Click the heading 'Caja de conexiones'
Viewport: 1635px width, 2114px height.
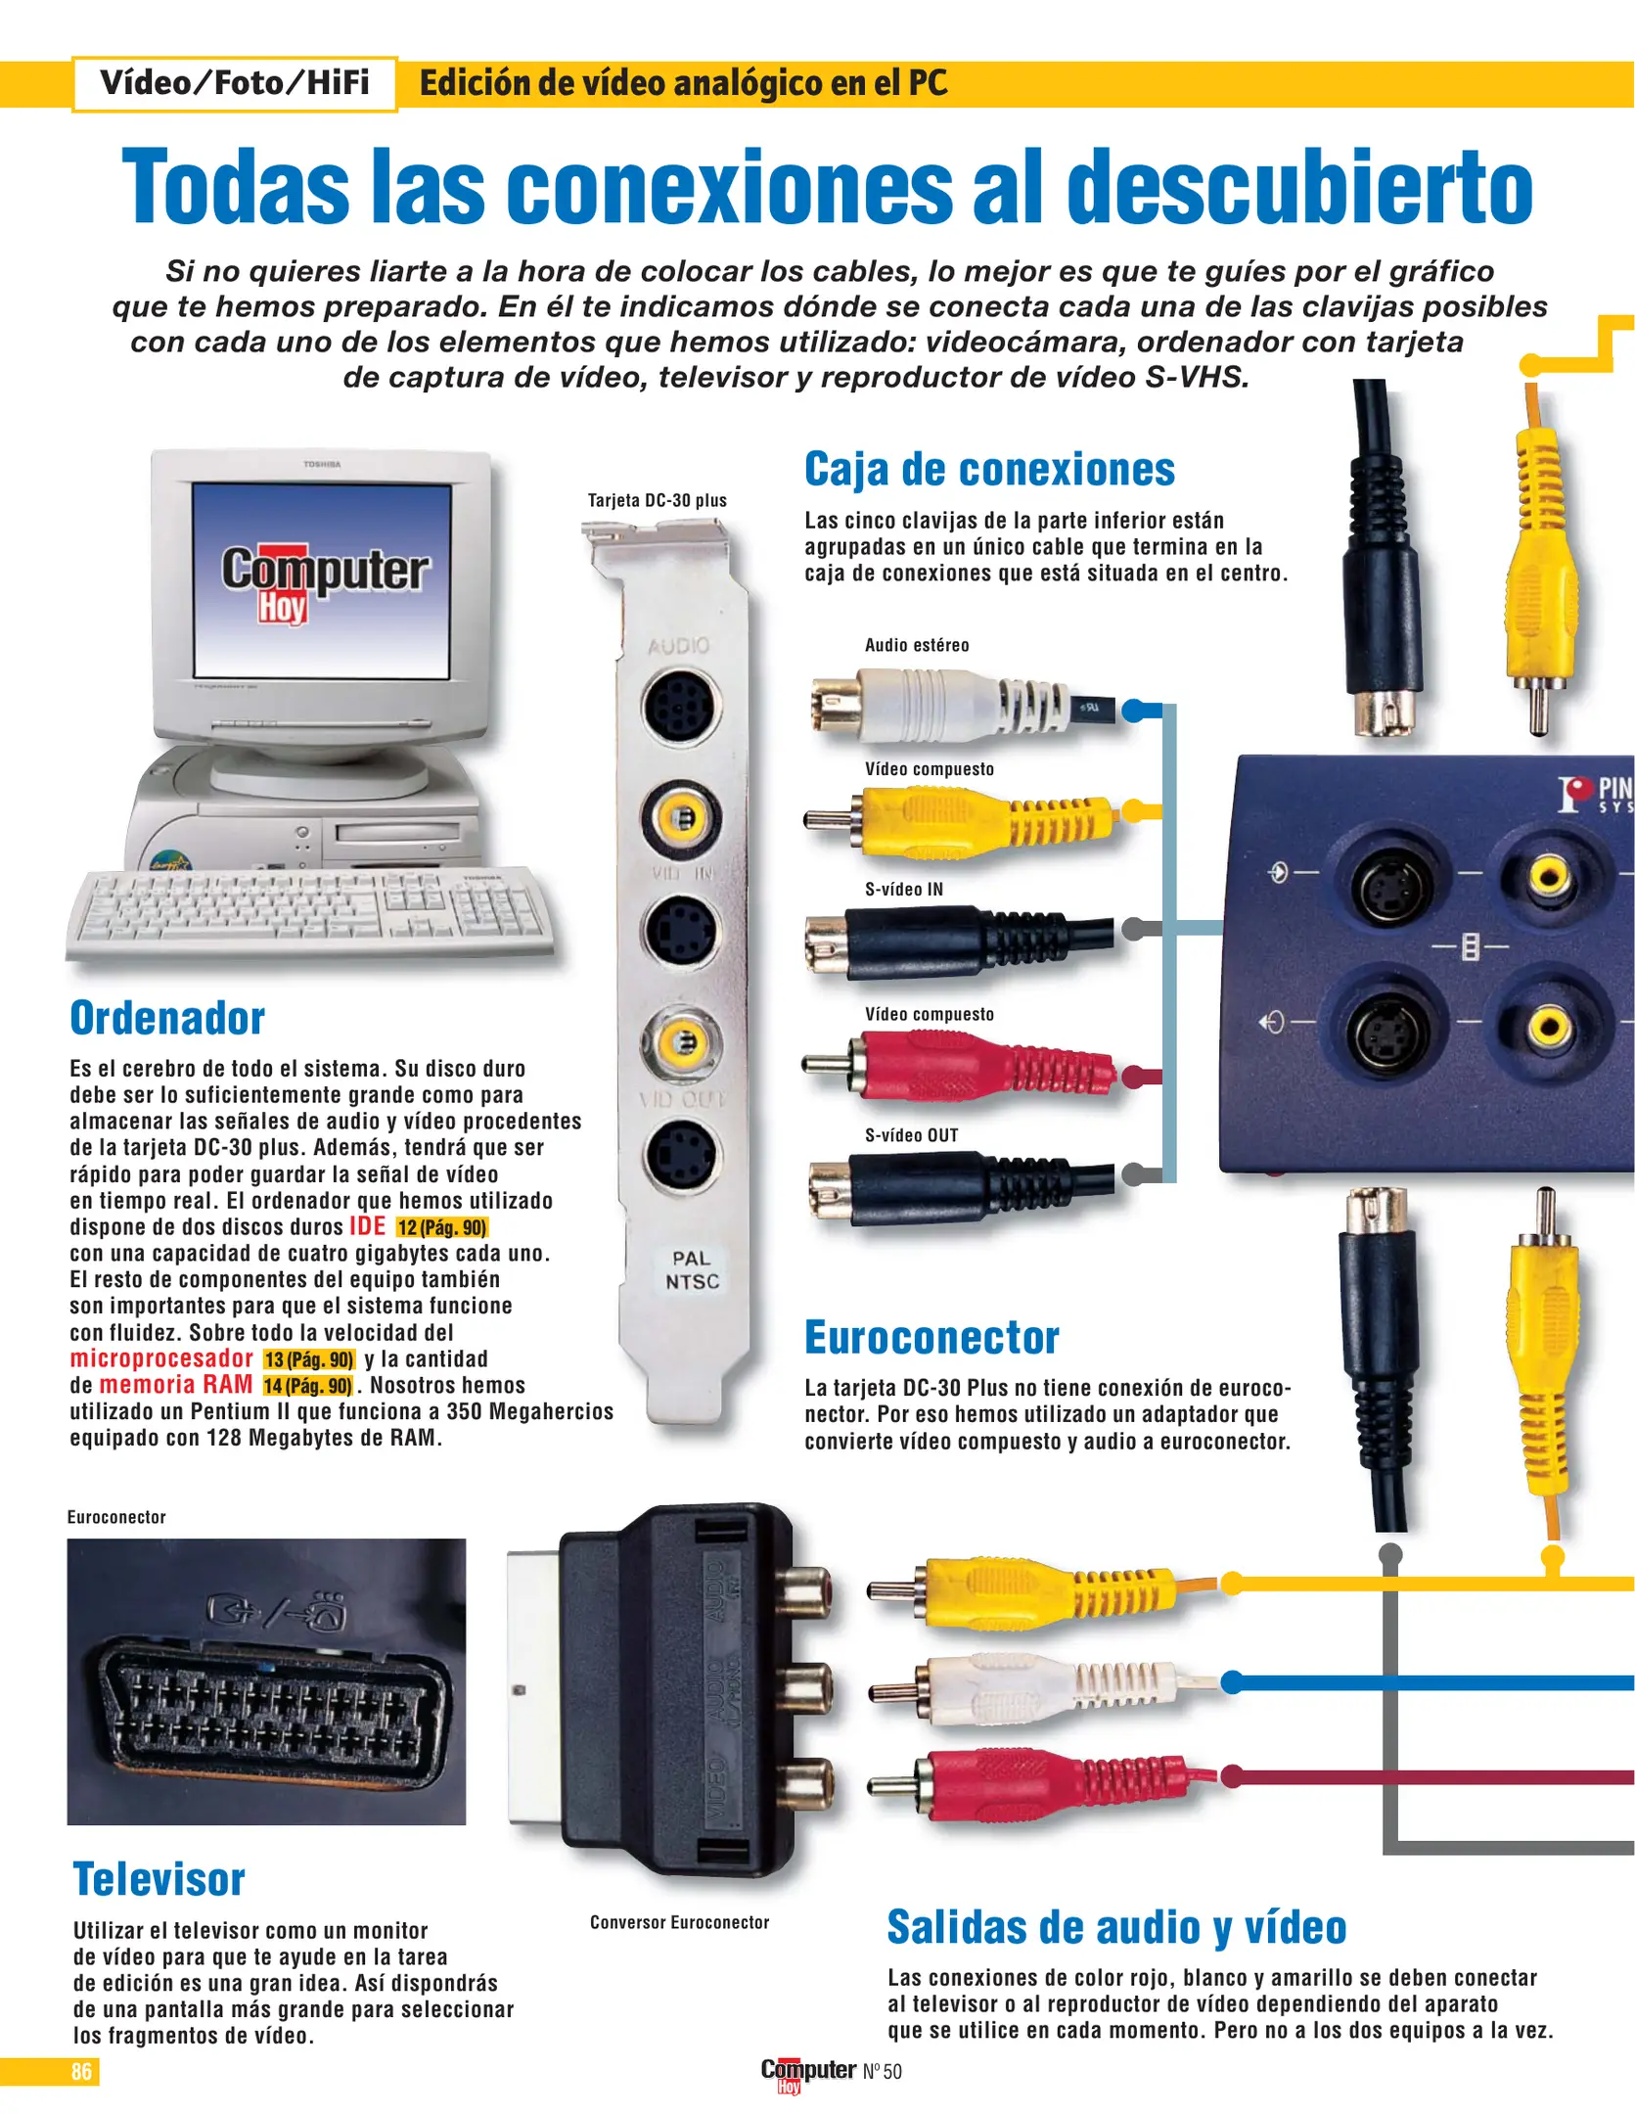pos(989,470)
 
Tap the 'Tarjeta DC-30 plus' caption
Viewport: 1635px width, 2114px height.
pos(658,500)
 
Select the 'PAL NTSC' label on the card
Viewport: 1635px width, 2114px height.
pos(692,1269)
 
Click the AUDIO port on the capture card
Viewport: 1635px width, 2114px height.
pos(682,705)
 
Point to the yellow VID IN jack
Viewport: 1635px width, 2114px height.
pos(682,817)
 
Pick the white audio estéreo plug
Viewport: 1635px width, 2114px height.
pos(959,703)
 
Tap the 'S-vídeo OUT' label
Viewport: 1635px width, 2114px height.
pos(911,1135)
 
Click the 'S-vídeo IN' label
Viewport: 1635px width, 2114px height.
pos(904,890)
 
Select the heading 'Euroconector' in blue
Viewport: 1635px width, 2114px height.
pos(931,1338)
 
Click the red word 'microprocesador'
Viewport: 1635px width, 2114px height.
pos(161,1358)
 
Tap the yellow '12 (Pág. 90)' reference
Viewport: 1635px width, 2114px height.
pos(442,1227)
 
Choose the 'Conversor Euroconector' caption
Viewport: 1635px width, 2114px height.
pos(679,1922)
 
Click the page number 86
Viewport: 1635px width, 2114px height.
pos(81,2071)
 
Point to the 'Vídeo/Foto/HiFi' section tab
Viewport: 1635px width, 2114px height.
pos(235,83)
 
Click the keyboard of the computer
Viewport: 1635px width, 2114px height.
pos(309,912)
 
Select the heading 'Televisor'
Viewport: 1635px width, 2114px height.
pos(159,1879)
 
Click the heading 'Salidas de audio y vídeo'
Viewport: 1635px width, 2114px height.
pos(1116,1928)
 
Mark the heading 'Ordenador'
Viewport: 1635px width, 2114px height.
pos(167,1018)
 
